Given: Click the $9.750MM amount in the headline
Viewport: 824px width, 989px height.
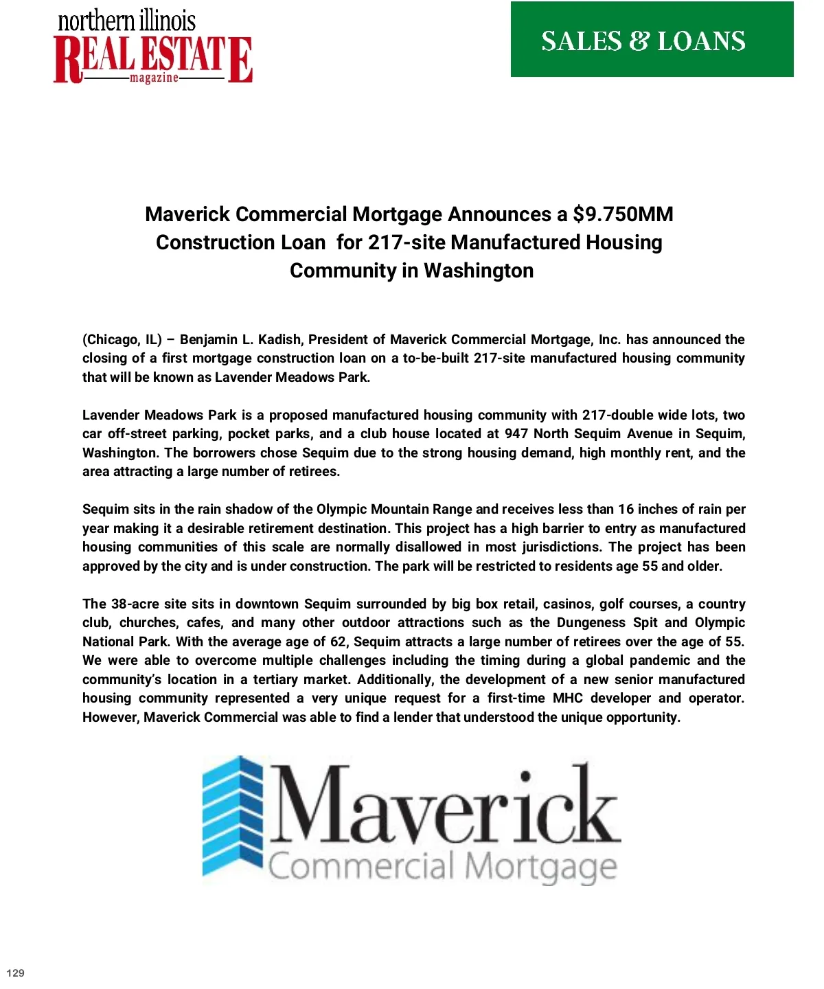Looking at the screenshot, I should tap(623, 214).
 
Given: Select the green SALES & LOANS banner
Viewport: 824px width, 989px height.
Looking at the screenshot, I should tap(652, 40).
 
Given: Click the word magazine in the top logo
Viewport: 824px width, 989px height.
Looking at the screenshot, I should tap(154, 78).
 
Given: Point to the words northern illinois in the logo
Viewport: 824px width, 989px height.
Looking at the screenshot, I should tap(126, 21).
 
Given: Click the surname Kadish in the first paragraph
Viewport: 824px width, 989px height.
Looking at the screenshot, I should tap(279, 339).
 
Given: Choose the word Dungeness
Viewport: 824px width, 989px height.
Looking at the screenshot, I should tap(591, 623).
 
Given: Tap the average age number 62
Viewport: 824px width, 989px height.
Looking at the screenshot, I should tap(339, 642).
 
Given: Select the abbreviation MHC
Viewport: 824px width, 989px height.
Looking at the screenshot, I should tap(567, 698).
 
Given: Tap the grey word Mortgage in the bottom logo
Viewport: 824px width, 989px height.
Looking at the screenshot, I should tap(540, 867).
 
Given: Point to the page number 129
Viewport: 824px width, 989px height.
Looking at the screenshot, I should tap(15, 973).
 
